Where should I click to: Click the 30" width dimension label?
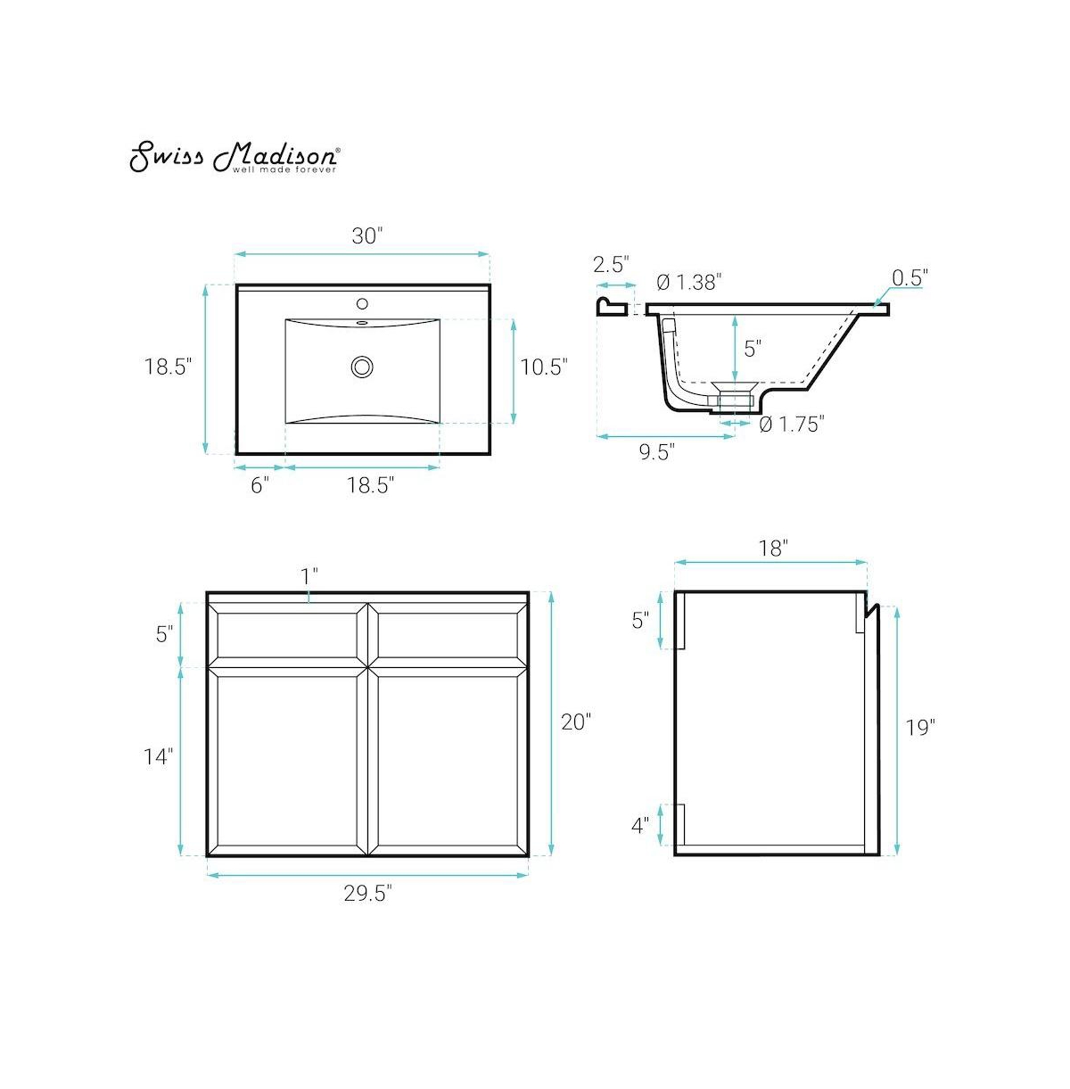(366, 236)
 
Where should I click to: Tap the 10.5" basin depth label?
(543, 367)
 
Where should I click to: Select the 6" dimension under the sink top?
(259, 486)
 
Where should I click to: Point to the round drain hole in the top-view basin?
(362, 366)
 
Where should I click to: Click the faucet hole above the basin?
(362, 304)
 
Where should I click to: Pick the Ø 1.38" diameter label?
(688, 283)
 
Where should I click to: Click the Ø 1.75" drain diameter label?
(791, 425)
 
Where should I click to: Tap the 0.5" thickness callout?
(909, 277)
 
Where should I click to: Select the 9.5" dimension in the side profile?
(655, 452)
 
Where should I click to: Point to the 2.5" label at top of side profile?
(612, 264)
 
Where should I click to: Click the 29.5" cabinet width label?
(368, 895)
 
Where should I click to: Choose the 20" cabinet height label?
(576, 722)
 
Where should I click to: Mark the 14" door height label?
(159, 757)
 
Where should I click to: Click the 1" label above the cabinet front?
(309, 576)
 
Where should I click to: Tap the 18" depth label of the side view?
(772, 549)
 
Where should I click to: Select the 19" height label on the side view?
(919, 728)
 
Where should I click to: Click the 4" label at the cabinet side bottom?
(640, 826)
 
